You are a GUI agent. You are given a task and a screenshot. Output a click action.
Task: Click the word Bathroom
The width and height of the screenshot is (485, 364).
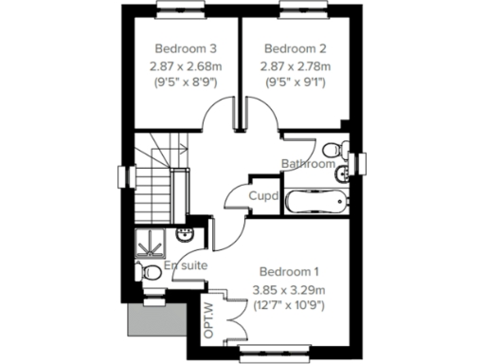point(307,164)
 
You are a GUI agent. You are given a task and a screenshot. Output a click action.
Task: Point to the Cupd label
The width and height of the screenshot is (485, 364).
point(263,196)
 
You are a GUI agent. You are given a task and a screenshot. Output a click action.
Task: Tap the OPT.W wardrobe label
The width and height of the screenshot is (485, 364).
point(208,320)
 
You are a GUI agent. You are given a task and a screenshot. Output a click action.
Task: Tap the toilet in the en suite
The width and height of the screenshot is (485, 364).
point(148,271)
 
